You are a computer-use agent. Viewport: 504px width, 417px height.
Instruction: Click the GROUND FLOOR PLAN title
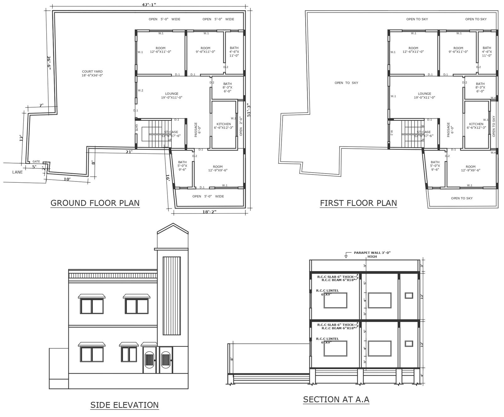click(95, 203)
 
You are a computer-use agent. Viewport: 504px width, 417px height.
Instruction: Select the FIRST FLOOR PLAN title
click(358, 203)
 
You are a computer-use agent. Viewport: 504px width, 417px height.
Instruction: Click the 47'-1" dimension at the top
click(149, 5)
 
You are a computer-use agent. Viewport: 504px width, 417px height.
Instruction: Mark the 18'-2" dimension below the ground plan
click(209, 212)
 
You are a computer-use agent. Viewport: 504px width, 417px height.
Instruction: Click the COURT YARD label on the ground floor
click(92, 73)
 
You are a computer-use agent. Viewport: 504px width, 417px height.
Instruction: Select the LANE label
click(18, 172)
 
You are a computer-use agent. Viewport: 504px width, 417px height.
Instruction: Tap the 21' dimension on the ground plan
click(129, 152)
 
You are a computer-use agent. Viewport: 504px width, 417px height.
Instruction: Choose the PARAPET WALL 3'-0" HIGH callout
click(372, 254)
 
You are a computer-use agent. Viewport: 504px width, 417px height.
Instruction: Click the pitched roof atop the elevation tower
click(173, 229)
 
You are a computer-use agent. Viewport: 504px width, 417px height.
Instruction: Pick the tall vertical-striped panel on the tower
click(172, 296)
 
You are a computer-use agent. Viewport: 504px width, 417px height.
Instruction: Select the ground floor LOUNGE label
click(172, 95)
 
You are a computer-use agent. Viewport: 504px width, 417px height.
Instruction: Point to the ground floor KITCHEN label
click(224, 126)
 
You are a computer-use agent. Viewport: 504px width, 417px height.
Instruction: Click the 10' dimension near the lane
click(67, 179)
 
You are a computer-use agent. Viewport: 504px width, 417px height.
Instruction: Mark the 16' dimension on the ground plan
click(168, 178)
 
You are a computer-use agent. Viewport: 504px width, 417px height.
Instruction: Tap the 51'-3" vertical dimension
click(249, 110)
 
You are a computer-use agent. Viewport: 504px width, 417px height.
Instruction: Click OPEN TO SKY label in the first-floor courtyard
click(346, 83)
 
